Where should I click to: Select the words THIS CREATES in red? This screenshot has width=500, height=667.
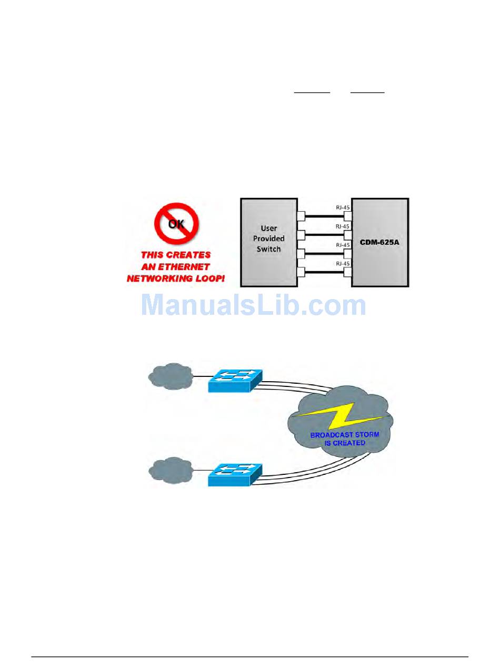pyautogui.click(x=176, y=255)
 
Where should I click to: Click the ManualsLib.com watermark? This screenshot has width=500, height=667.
pyautogui.click(x=253, y=306)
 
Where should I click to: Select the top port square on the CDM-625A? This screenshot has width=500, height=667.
pyautogui.click(x=347, y=216)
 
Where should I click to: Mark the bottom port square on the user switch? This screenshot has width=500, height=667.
pyautogui.click(x=301, y=272)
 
